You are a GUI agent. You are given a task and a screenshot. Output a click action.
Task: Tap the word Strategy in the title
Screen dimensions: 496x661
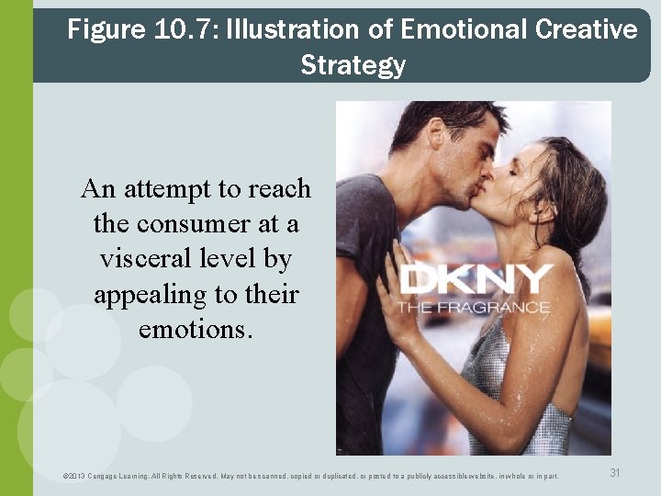pos(353,65)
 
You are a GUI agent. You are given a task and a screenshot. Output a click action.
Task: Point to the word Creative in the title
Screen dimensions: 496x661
pos(585,29)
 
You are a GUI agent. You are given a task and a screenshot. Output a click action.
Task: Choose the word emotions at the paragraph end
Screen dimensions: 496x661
pos(196,329)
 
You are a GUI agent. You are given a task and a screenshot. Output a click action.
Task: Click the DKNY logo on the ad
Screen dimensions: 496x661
pos(476,278)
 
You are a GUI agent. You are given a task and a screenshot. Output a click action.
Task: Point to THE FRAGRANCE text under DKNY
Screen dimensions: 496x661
pos(473,307)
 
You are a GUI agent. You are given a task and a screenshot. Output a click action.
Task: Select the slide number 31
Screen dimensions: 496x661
pos(615,472)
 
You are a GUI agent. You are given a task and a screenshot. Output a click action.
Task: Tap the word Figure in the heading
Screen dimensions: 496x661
pos(106,29)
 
